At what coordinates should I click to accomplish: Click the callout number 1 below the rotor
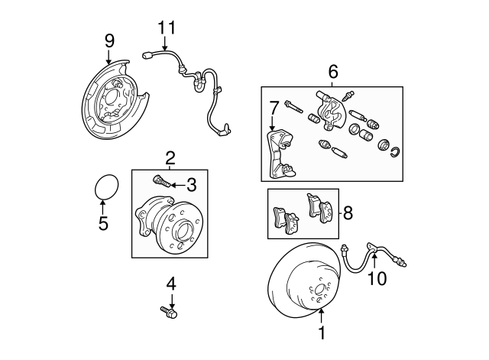(322, 333)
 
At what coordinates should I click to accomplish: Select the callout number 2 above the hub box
(170, 158)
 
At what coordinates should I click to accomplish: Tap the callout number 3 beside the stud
(192, 184)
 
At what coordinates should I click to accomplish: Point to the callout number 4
(170, 284)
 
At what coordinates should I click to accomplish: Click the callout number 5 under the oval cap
(103, 223)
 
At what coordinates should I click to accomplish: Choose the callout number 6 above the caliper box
(332, 73)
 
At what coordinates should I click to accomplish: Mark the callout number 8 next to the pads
(348, 212)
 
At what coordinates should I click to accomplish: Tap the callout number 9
(109, 39)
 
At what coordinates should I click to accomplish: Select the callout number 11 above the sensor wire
(167, 28)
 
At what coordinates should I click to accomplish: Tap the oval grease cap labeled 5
(104, 187)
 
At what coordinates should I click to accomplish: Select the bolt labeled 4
(169, 311)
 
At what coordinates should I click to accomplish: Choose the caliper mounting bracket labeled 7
(277, 153)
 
